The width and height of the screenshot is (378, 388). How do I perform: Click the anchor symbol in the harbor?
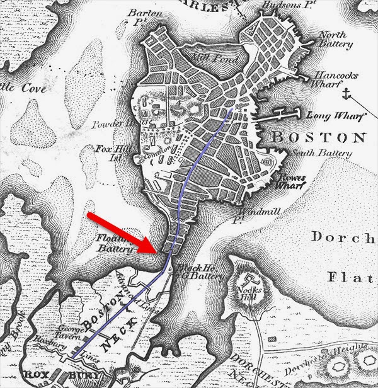(345, 95)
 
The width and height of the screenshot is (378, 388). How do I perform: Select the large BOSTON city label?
(318, 137)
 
